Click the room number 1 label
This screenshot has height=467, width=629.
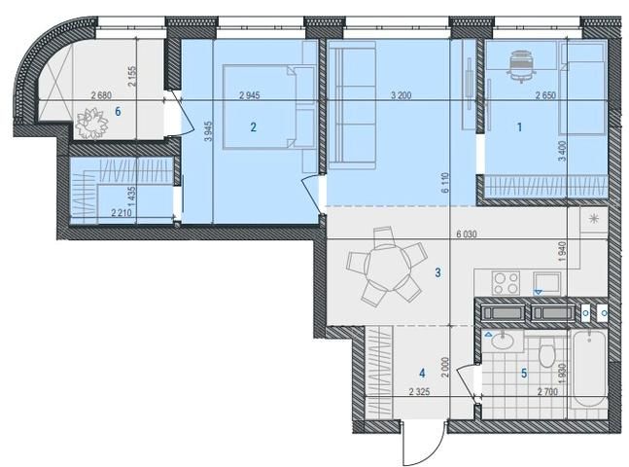point(519,127)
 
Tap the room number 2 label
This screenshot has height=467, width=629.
point(253,127)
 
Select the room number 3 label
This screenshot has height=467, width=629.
point(437,272)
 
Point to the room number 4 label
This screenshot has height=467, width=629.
point(422,374)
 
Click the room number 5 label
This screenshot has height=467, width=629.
point(524,374)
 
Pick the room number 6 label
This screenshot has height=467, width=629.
point(118,111)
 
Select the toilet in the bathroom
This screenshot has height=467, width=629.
point(546,352)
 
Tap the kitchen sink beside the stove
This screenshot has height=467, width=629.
point(546,282)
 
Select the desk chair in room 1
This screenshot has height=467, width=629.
point(520,65)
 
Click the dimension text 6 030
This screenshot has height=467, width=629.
point(466,233)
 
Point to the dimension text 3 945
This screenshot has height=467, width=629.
point(208,130)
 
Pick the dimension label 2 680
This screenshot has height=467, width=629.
point(101,95)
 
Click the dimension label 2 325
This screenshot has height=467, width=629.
point(420,392)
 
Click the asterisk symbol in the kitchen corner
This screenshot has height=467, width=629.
point(593,219)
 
